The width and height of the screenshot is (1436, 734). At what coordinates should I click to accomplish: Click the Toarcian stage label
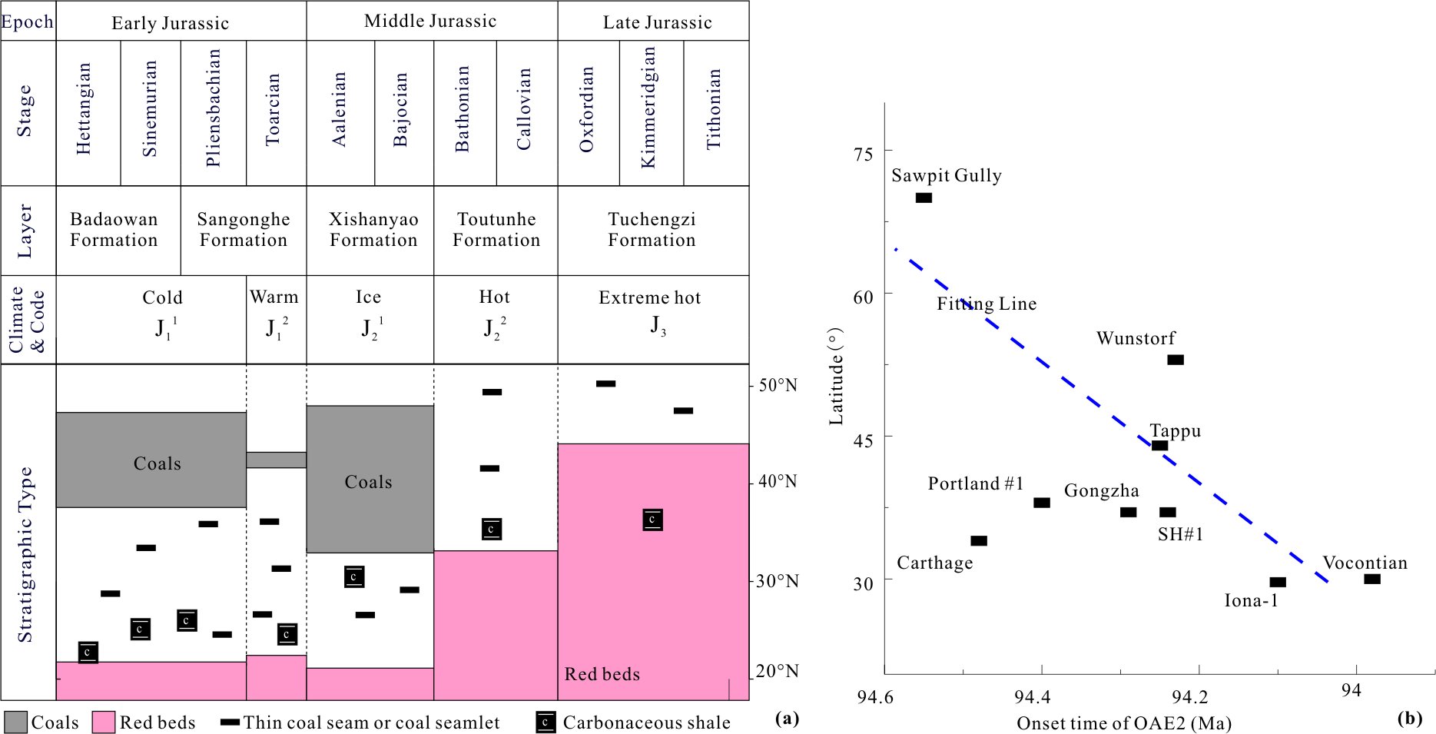[x=273, y=110]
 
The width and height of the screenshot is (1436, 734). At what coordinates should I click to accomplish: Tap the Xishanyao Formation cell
[x=373, y=230]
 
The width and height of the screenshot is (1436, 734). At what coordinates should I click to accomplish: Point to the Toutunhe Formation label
[x=496, y=230]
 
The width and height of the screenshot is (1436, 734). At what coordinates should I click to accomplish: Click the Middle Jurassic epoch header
[x=430, y=22]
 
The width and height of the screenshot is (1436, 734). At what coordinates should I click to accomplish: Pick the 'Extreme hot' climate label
[x=650, y=297]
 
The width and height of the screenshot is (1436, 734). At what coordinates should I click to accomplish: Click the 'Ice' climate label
[x=368, y=297]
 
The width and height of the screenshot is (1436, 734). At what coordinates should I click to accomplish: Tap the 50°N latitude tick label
[x=778, y=385]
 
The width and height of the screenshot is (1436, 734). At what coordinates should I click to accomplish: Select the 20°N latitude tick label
[x=777, y=671]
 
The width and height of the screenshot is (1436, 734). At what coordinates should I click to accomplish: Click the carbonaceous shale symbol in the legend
[x=545, y=722]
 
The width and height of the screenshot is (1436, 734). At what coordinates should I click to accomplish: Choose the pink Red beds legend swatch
[x=103, y=722]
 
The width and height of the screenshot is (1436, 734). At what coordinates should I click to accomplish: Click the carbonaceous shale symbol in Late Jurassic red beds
[x=652, y=520]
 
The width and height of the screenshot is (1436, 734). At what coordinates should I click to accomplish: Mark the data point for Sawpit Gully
[x=924, y=198]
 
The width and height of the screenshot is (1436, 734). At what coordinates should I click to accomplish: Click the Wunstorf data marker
[x=1175, y=360]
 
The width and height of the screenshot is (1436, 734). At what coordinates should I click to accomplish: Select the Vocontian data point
[x=1371, y=579]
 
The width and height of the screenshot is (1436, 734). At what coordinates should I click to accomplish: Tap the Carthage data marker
[x=978, y=541]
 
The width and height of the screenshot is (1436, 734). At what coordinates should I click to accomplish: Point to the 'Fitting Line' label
[x=987, y=304]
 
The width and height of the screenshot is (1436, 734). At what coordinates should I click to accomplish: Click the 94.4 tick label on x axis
[x=1032, y=697]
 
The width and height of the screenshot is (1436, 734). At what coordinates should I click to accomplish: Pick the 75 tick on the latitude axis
[x=864, y=154]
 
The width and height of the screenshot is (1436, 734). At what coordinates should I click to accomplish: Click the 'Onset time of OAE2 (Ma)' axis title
[x=1123, y=723]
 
